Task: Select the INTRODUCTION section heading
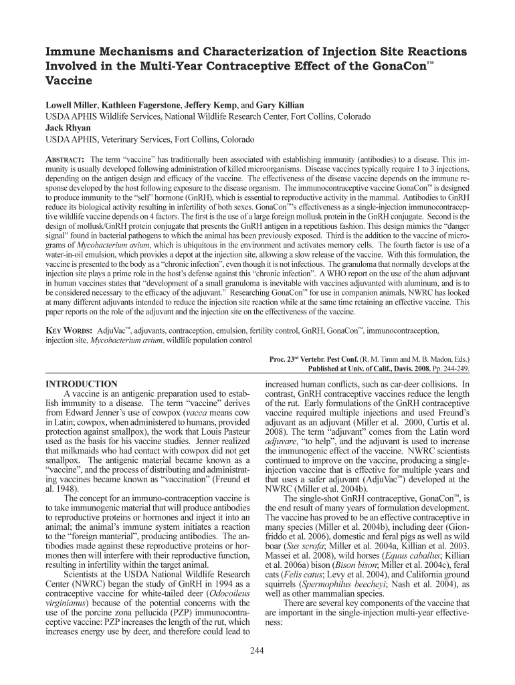(81, 384)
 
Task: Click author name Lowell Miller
(70, 106)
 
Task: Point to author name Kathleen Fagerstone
(140, 106)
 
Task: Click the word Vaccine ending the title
(68, 80)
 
